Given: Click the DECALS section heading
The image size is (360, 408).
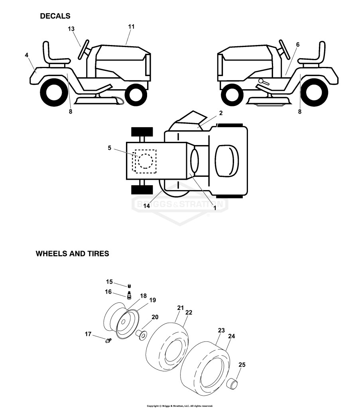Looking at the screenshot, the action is click(x=55, y=16).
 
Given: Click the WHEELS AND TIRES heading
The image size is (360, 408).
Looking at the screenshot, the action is click(x=73, y=254).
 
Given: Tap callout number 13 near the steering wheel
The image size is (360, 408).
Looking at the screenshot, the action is click(x=71, y=29).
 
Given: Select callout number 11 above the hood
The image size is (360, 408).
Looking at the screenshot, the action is click(x=132, y=27).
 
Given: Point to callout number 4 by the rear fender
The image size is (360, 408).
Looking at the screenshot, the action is click(x=27, y=55).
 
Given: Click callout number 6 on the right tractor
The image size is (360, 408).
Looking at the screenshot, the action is click(x=298, y=45).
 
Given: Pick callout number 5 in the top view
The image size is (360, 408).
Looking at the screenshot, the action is click(x=109, y=148).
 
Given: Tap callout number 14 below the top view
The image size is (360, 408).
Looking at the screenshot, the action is click(x=147, y=206).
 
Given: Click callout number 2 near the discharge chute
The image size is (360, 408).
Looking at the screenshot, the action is click(x=221, y=113).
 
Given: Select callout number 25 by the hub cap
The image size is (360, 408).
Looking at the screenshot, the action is click(x=242, y=365).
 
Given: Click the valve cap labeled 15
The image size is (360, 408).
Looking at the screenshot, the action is click(x=129, y=286).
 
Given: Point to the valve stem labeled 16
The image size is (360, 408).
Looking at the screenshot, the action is click(x=128, y=296).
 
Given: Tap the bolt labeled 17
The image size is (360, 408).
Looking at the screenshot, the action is click(x=108, y=340).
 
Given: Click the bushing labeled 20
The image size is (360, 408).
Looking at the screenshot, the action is click(x=142, y=335).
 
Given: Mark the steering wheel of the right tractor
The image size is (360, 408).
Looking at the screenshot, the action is click(x=285, y=49).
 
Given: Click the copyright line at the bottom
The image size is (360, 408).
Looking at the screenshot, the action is click(x=180, y=406).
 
